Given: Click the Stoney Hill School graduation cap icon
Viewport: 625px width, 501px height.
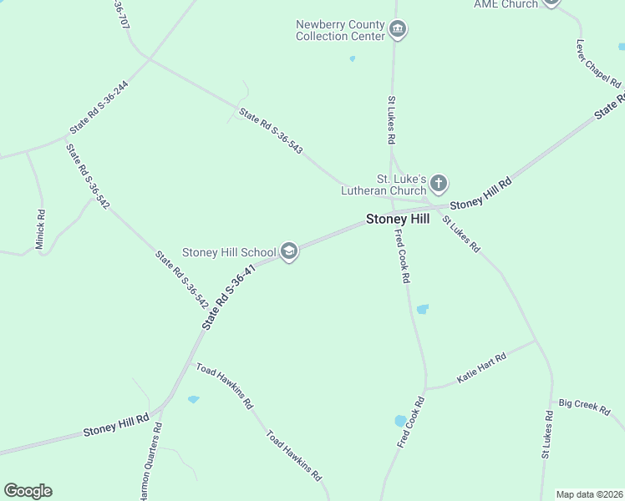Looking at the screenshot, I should coord(289,251).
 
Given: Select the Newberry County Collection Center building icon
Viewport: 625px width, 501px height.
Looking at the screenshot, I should coord(398,31).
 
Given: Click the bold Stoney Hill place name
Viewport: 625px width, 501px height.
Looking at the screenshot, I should coord(398,219).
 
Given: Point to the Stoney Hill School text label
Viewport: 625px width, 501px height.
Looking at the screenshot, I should coord(229,252).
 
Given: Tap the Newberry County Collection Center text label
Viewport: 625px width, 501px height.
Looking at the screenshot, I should coord(340,30).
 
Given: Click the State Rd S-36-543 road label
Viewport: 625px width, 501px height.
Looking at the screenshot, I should coord(271,131).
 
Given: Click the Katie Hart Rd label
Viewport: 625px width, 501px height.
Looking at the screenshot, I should coord(481,367).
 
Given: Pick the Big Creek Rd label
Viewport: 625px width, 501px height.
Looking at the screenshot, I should coord(585,405).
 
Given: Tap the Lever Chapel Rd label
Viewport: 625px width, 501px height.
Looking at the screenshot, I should coord(599,63).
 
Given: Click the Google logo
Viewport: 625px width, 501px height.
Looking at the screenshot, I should coord(28,491).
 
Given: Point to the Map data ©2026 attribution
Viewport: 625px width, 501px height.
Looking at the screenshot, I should coord(589,494).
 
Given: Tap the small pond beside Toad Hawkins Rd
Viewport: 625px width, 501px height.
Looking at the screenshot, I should coord(194,400).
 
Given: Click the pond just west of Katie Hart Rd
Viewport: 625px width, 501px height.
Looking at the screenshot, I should coord(400,420).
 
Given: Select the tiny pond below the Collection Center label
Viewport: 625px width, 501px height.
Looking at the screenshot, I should coord(352,58).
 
